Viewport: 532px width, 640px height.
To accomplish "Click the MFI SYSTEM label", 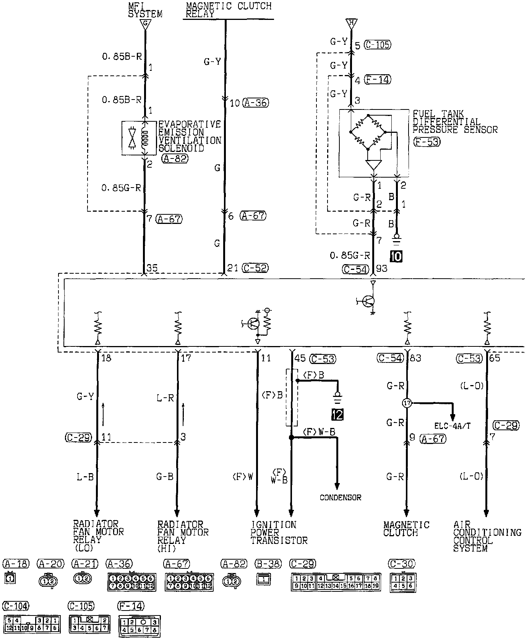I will (145, 10).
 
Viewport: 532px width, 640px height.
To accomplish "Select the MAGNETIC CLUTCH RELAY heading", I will (228, 10).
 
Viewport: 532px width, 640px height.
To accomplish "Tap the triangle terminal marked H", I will (351, 23).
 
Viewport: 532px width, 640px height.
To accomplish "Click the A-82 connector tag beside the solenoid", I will (175, 158).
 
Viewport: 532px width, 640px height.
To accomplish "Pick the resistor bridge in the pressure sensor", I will (368, 132).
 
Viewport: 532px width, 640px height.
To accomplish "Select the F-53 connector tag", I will (427, 142).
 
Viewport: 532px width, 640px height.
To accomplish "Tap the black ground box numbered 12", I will (337, 414).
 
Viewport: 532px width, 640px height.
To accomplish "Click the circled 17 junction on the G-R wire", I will (407, 403).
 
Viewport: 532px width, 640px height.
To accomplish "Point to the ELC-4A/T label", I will (453, 426).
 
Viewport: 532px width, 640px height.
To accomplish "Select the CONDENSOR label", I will (340, 498).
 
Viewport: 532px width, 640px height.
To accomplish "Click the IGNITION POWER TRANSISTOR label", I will (279, 532).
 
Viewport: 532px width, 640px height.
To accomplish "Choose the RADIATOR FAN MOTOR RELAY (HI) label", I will (183, 536).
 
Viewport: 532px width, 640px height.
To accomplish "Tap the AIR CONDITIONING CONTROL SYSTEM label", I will (487, 536).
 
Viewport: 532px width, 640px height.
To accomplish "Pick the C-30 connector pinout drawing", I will (403, 582).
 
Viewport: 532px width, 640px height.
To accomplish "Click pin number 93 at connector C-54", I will (381, 269).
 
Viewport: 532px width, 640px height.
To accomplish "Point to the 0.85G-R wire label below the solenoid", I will (121, 188).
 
